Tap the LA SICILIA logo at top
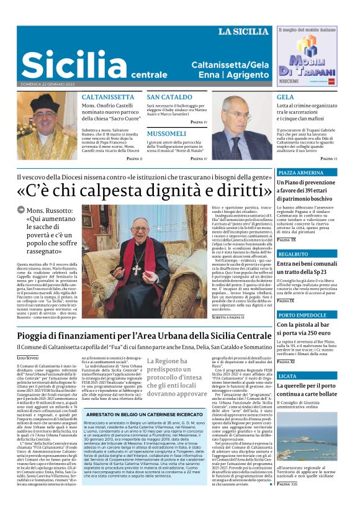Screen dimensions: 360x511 (x=243, y=31)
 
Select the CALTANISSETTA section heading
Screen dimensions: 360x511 (x=108, y=97)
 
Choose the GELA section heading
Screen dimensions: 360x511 (x=286, y=97)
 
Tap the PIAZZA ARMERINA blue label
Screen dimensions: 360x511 (x=300, y=173)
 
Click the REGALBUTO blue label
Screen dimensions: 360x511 (x=294, y=254)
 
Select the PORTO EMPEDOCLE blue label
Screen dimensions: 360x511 (x=302, y=314)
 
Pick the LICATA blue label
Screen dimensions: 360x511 (x=287, y=376)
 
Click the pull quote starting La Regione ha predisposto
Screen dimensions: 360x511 (x=177, y=376)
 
